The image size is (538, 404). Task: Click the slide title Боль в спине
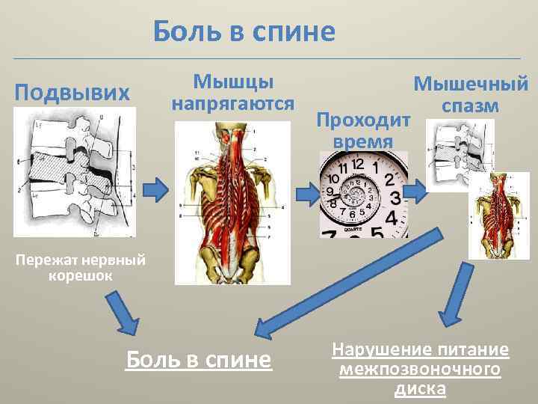tap(244, 31)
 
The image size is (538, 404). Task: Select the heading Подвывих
tap(72, 93)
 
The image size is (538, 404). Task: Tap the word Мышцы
tap(232, 81)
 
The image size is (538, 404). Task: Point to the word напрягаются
tap(233, 102)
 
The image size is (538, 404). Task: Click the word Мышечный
tap(471, 84)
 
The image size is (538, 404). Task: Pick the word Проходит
tap(364, 120)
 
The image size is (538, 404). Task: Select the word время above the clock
tap(364, 141)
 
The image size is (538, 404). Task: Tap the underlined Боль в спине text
tap(197, 360)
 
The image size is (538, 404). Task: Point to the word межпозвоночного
tap(419, 370)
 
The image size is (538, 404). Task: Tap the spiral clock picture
tap(363, 195)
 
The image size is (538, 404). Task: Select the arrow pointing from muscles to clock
tap(306, 192)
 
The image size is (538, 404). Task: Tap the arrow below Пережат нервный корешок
tap(123, 314)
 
